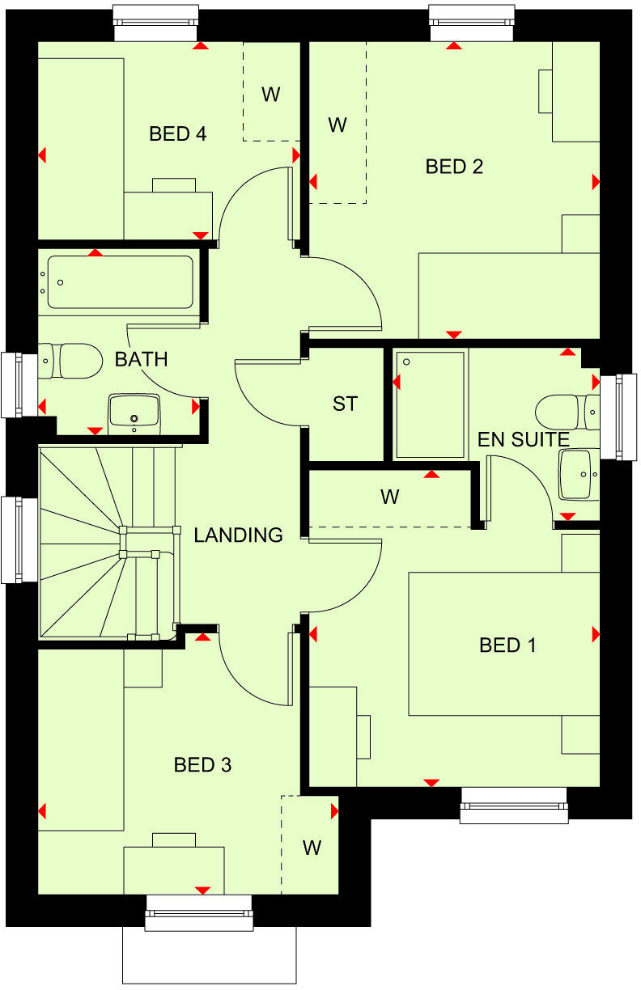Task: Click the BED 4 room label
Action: tap(177, 133)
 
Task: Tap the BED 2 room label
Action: tap(454, 167)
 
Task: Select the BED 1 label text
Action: tap(507, 645)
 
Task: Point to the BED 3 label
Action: tap(203, 764)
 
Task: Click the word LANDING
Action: tap(238, 535)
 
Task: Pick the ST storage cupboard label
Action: tap(345, 404)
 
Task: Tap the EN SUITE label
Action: tap(523, 440)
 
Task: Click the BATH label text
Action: tap(141, 359)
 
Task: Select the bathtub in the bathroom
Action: tap(120, 282)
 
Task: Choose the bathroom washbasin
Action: tap(134, 411)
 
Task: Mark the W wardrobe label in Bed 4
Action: tap(270, 94)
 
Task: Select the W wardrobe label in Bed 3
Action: tap(312, 848)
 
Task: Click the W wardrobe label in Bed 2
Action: tap(337, 125)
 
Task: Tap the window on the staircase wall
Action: tap(11, 539)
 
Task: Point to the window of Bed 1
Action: tap(514, 811)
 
